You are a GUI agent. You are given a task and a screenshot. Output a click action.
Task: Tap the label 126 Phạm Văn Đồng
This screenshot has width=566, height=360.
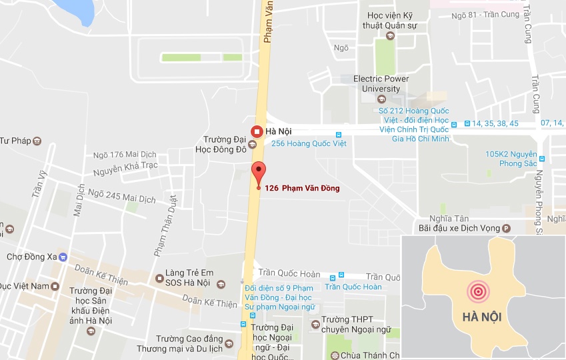click(x=302, y=188)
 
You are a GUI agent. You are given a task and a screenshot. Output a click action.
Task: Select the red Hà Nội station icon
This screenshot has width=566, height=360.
click(x=256, y=131)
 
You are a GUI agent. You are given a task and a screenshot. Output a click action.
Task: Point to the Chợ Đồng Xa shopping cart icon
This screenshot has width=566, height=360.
click(x=63, y=256)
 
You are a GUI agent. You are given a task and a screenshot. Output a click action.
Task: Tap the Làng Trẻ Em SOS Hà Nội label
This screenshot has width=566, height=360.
click(x=188, y=277)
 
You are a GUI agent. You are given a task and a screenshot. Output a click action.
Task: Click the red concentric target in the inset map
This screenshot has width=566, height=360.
click(x=477, y=291)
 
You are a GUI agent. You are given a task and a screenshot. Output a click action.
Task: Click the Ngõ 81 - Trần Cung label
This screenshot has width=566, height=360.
click(x=483, y=15)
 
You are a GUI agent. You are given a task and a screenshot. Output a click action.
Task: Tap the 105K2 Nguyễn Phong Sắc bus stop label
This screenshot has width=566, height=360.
click(x=511, y=159)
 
